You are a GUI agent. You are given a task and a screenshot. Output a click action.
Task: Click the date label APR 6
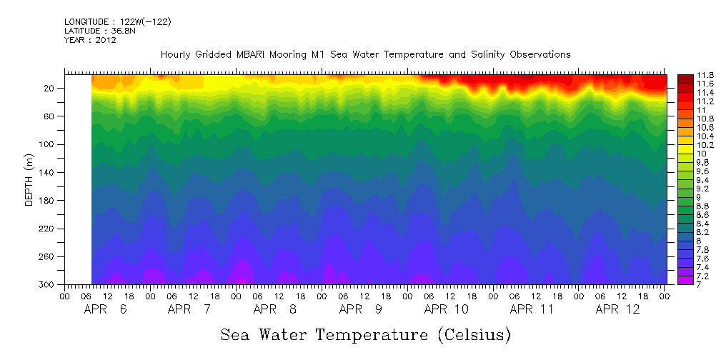pos(106,309)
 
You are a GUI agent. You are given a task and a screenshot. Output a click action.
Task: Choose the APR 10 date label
pos(447,309)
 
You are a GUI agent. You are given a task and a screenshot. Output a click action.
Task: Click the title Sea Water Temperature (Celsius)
pos(365,334)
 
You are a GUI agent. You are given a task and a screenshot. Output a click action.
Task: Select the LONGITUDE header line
pos(117,22)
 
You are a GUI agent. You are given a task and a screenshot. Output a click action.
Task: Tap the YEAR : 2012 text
pos(90,40)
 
